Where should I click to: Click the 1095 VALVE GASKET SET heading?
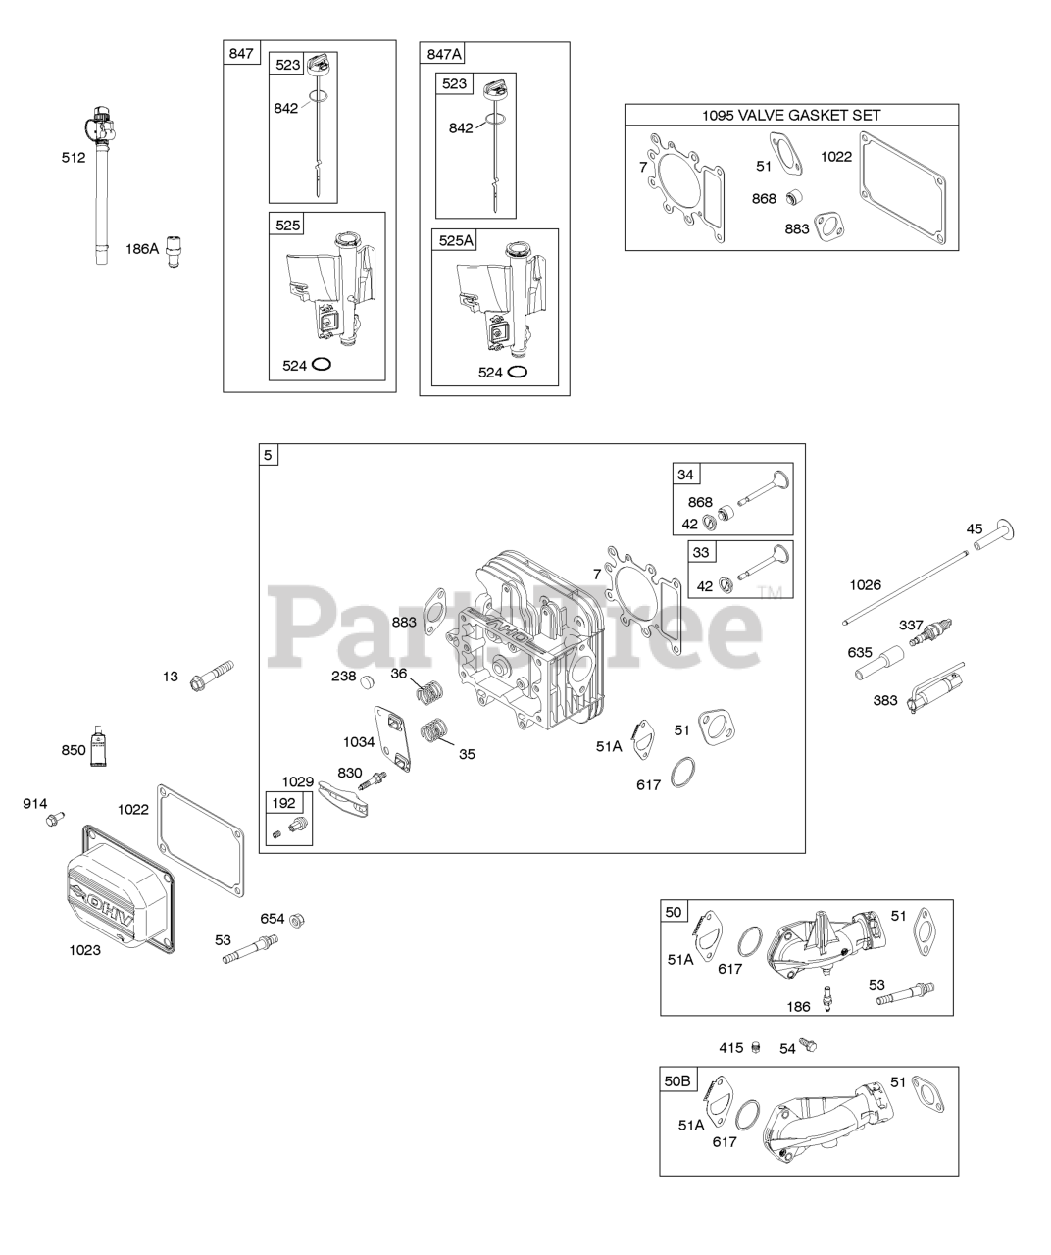791,115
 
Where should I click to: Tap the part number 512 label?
74,157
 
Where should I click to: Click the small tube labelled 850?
97,748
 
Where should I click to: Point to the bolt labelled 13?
215,674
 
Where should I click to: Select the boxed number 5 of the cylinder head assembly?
268,454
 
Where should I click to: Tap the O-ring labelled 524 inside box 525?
321,365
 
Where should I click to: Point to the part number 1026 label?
865,585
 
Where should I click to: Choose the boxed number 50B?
677,1080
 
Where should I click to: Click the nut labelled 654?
300,920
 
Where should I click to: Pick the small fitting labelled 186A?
176,248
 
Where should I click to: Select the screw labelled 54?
808,1047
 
